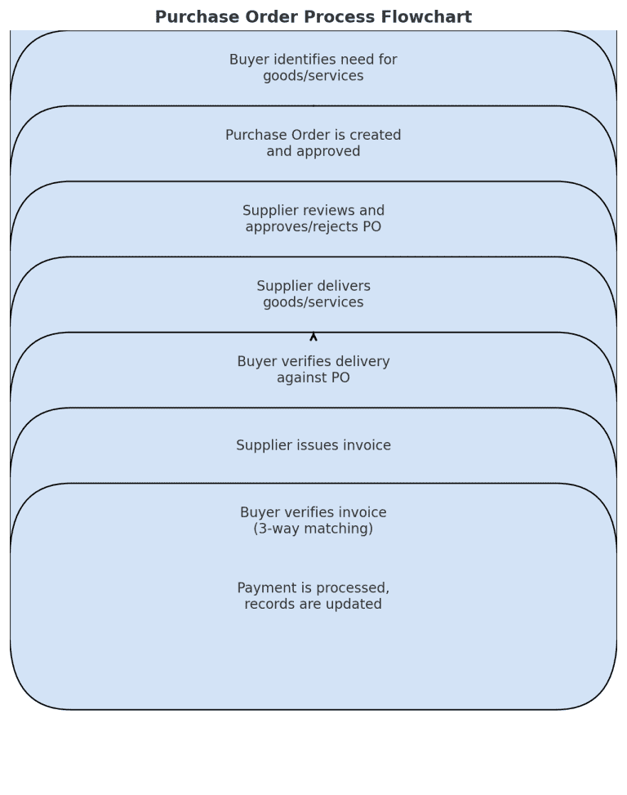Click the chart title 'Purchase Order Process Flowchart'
[313, 17]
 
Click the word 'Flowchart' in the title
[430, 17]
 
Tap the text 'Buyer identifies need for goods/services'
[313, 68]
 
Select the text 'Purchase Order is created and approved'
[313, 143]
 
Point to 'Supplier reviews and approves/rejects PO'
[313, 218]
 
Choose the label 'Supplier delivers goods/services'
[313, 294]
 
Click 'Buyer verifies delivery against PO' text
[313, 369]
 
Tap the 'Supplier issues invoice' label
[313, 445]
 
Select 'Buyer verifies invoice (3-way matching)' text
[313, 520]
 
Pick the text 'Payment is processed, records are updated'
[313, 596]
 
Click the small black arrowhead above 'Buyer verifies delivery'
[313, 336]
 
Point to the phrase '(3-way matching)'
[313, 529]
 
